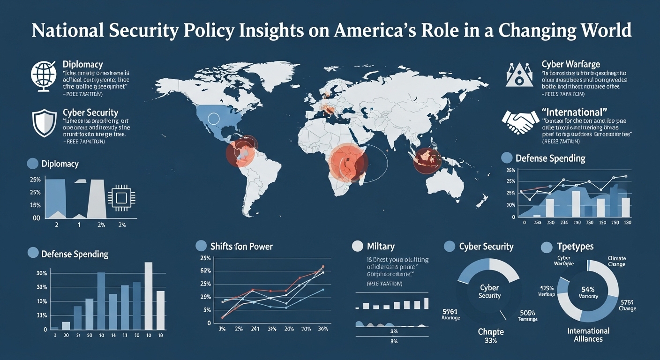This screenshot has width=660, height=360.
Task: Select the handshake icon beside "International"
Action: pyautogui.click(x=520, y=122)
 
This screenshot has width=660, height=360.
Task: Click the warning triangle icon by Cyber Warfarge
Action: pyautogui.click(x=520, y=75)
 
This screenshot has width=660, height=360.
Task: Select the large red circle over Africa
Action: pyautogui.click(x=349, y=163)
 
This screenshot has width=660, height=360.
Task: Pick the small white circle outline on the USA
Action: pyautogui.click(x=214, y=120)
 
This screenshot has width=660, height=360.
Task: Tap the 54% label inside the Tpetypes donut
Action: pyautogui.click(x=588, y=289)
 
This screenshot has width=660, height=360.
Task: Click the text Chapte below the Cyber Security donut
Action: pyautogui.click(x=490, y=332)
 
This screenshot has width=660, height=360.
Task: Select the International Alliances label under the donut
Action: pyautogui.click(x=588, y=335)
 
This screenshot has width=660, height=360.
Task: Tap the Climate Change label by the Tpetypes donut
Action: pyautogui.click(x=616, y=262)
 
